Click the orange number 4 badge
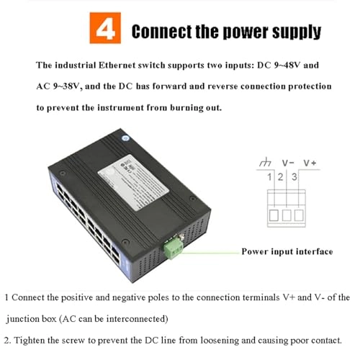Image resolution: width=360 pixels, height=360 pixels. [105, 28]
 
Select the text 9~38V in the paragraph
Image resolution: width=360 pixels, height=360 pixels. [66, 86]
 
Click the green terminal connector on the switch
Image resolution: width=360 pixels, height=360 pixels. [174, 249]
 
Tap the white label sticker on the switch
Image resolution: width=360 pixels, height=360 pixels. [133, 182]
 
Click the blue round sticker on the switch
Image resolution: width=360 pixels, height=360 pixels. [125, 138]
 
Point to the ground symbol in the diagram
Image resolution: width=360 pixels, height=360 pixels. [265, 162]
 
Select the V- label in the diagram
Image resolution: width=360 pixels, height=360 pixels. [288, 163]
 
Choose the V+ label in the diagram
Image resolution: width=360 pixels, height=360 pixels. [310, 163]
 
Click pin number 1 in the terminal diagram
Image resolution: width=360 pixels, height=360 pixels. [269, 177]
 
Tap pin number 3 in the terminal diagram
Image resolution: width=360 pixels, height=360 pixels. [294, 177]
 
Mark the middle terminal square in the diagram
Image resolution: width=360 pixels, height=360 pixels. [287, 215]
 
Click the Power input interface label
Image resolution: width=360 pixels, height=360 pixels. [287, 251]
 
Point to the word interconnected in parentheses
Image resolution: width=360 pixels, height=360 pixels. [137, 319]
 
